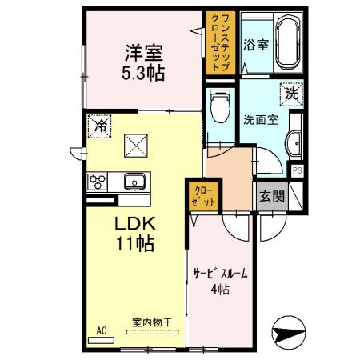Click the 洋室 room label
[143, 54]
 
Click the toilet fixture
[218, 105]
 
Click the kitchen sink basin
[134, 179]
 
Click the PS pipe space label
[297, 170]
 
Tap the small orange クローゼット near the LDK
[203, 197]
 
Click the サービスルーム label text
[219, 274]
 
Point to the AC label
[102, 329]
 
